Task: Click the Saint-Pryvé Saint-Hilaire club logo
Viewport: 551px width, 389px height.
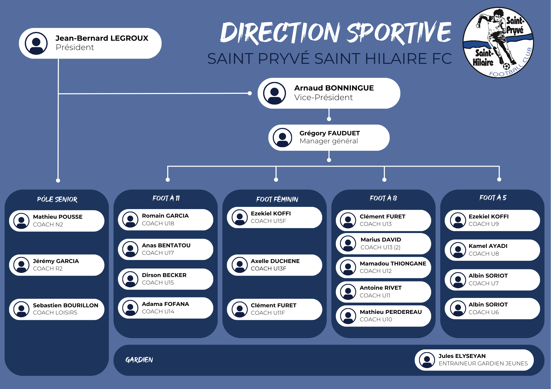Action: click(498, 43)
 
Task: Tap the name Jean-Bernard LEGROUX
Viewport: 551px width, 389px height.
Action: click(102, 38)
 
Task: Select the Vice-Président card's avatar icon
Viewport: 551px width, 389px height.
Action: click(274, 93)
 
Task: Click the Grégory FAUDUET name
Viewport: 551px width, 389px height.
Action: click(329, 133)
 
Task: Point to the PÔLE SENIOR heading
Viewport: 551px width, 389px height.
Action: click(57, 199)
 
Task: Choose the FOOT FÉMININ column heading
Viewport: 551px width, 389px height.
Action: click(277, 199)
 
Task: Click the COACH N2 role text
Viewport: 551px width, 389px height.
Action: click(48, 224)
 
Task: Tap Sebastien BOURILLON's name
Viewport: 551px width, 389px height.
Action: click(65, 305)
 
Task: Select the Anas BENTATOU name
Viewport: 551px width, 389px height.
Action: click(166, 245)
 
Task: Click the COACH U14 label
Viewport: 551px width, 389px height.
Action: click(158, 311)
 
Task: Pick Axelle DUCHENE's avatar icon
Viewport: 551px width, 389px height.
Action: click(240, 265)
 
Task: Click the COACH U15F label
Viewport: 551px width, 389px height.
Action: click(268, 221)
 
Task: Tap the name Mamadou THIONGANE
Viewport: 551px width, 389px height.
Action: click(393, 264)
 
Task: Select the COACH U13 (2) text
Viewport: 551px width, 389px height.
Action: click(380, 247)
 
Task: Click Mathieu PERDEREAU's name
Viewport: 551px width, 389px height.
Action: click(391, 312)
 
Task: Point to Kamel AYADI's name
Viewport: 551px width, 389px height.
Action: click(488, 246)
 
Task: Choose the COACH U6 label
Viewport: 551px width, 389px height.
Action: click(484, 312)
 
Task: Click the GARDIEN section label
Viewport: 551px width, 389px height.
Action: click(139, 360)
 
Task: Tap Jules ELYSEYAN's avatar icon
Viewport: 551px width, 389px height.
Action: click(427, 360)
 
